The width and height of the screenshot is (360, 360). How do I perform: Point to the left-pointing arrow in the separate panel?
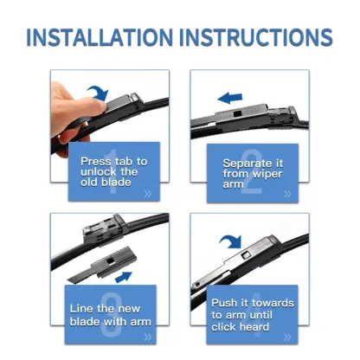229,99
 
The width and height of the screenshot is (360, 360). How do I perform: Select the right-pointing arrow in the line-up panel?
124,276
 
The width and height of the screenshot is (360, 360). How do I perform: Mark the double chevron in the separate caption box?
290,195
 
